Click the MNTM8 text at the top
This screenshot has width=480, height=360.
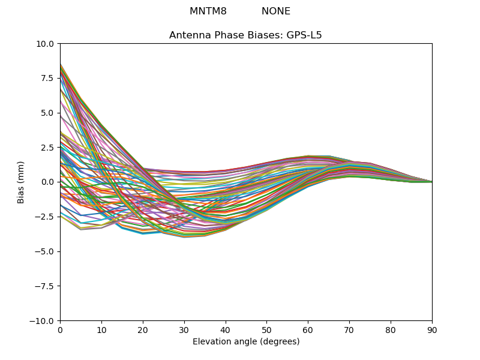[208, 11]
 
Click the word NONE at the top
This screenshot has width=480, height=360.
[276, 11]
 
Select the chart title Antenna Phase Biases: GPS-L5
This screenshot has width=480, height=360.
[245, 35]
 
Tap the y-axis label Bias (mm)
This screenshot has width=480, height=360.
[20, 182]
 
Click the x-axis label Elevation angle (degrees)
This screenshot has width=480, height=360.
[246, 341]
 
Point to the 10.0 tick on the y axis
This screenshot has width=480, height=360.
[45, 44]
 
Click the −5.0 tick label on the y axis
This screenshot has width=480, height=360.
[44, 251]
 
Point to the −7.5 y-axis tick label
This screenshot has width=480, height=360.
[44, 286]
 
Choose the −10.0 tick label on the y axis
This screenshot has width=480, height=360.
[42, 321]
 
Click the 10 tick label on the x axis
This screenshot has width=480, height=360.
[101, 331]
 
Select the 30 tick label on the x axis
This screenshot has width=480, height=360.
[184, 331]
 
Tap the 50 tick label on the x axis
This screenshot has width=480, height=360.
[266, 331]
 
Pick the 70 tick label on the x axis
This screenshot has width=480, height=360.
[349, 331]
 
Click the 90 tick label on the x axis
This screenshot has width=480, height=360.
[432, 331]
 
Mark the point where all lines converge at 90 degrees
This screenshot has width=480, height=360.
[432, 182]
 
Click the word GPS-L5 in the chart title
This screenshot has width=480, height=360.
[304, 35]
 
